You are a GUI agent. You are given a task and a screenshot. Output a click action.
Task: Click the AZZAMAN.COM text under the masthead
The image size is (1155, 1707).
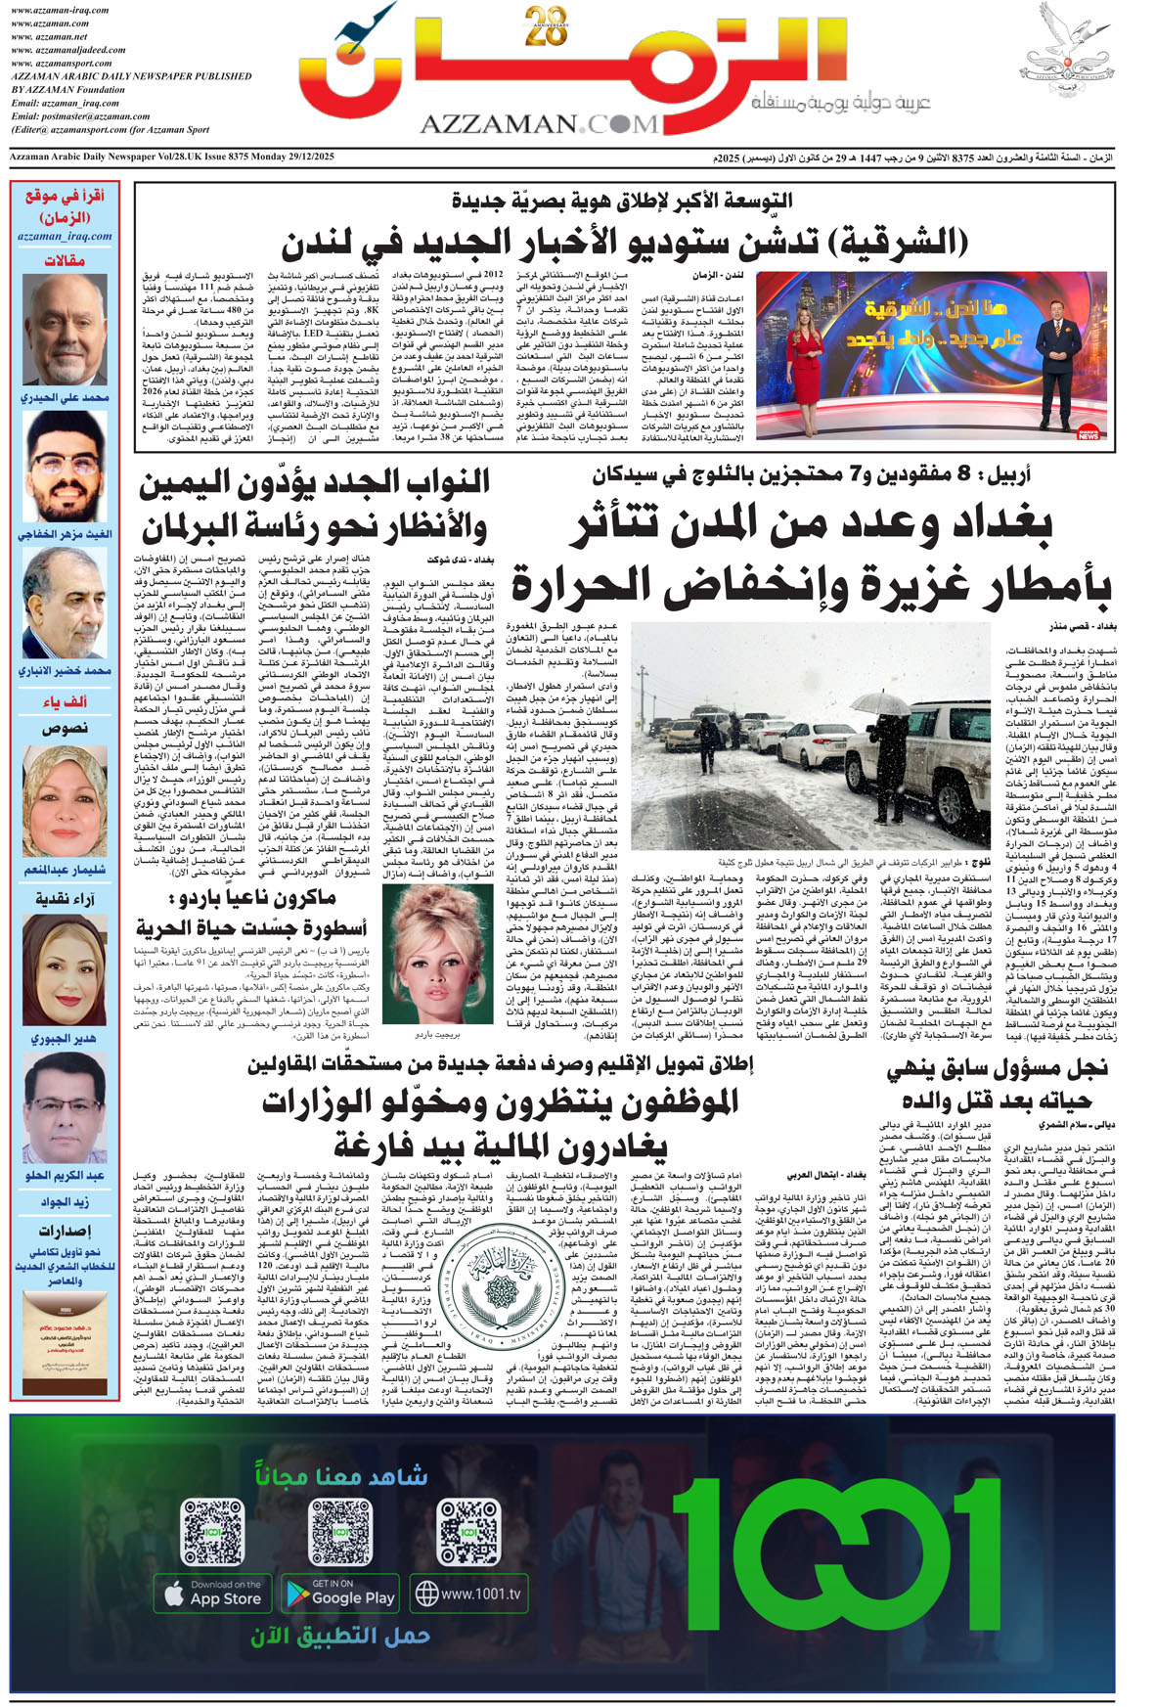point(539,123)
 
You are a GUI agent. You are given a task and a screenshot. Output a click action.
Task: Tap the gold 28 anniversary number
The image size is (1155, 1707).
point(546,26)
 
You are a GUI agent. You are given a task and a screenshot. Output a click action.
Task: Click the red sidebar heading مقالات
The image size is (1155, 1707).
point(66,260)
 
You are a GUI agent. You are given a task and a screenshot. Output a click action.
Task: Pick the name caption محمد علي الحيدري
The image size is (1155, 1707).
point(65,398)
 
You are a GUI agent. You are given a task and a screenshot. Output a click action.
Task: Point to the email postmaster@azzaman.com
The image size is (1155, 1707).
point(81,116)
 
